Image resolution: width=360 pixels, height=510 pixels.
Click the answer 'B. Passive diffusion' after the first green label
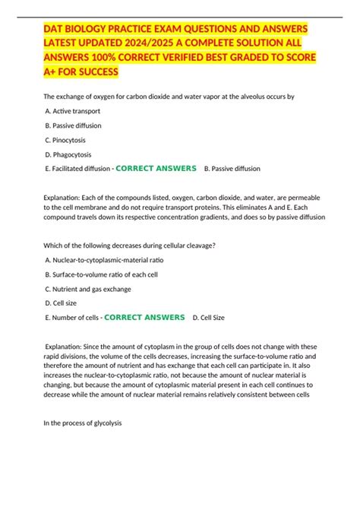[232, 168]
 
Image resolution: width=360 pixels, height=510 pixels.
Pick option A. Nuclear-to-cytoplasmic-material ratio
[104, 260]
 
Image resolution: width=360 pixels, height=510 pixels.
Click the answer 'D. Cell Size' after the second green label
[209, 317]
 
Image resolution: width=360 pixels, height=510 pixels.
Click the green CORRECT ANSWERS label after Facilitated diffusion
[156, 168]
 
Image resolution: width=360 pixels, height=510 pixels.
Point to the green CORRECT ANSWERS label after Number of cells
[144, 317]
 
